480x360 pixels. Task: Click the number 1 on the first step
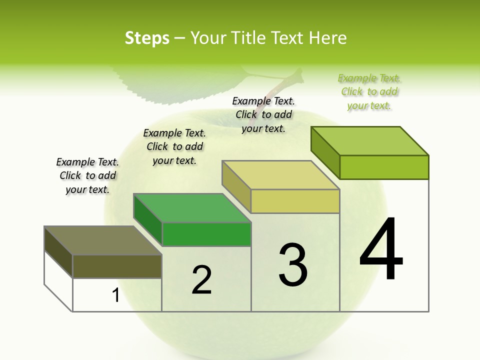point(116,295)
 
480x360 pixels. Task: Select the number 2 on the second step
point(201,279)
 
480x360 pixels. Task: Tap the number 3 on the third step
point(293,265)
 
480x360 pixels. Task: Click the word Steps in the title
point(147,38)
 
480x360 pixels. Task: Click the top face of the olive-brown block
point(102,240)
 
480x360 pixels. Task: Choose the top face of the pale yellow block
point(280,175)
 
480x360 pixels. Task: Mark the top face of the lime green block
point(370,141)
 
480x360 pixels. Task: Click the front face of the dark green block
point(206,234)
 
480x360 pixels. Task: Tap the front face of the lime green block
point(384,167)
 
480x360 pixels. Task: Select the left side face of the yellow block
point(236,186)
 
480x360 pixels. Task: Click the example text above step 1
point(87,175)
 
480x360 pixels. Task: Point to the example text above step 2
point(174,146)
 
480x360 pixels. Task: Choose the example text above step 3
point(263,114)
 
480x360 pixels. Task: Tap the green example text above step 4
point(369,91)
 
